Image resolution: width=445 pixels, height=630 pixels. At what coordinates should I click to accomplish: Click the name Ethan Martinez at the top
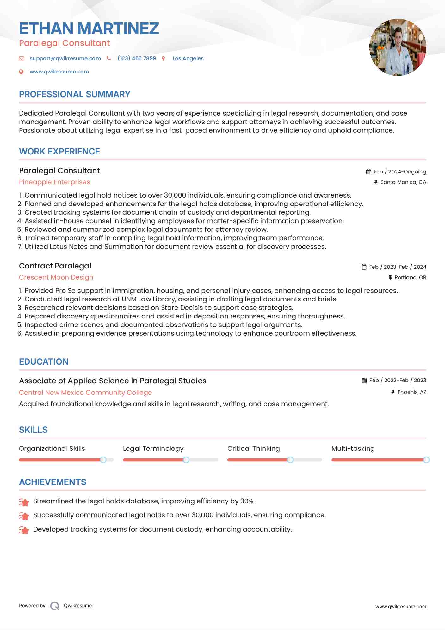[x=89, y=28]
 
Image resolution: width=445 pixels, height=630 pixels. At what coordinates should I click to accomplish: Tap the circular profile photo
[x=398, y=47]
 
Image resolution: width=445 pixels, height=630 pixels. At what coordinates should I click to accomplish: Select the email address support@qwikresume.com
[x=65, y=58]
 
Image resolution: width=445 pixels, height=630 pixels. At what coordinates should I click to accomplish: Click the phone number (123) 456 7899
[x=136, y=58]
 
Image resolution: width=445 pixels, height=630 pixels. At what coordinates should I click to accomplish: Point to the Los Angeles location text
[x=188, y=58]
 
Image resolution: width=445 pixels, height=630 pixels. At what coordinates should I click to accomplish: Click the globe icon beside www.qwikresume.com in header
[x=21, y=72]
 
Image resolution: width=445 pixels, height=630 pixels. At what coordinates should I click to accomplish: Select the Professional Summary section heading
[x=75, y=94]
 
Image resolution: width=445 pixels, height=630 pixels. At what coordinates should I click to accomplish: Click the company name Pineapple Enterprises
[x=54, y=182]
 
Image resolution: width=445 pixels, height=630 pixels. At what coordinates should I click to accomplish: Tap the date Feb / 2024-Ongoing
[x=400, y=172]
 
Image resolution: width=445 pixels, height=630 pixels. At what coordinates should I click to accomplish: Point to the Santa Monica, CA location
[x=403, y=182]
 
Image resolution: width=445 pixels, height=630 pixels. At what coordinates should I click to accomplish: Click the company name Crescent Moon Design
[x=56, y=277]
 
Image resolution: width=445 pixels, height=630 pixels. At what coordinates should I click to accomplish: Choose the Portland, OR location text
[x=410, y=277]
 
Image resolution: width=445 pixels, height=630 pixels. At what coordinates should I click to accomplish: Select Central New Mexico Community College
[x=85, y=393]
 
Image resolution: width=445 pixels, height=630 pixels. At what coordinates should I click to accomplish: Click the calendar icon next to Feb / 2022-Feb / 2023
[x=364, y=381]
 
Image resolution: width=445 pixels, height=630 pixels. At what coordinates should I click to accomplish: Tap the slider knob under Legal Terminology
[x=186, y=460]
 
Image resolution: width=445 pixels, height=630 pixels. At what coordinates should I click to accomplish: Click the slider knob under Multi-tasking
[x=426, y=460]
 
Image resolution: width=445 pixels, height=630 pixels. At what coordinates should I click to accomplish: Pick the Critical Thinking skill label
[x=253, y=449]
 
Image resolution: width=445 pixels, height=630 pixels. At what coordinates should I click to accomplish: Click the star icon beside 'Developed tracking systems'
[x=24, y=530]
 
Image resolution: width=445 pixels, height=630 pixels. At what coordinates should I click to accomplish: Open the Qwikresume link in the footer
[x=78, y=606]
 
